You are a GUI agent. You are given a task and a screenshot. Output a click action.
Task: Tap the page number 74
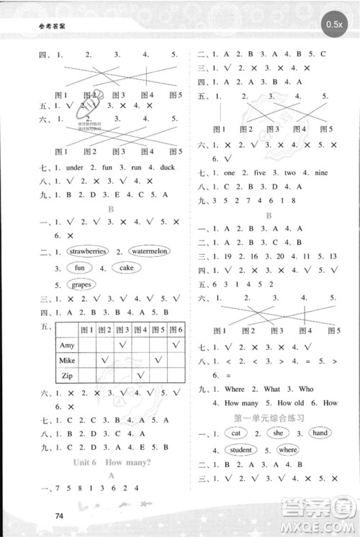pos(60,514)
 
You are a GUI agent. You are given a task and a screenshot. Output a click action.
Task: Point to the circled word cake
pos(126,268)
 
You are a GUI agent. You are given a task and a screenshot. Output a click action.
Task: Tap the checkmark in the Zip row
pos(142,374)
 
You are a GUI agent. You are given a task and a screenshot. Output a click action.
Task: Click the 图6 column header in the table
pos(176,330)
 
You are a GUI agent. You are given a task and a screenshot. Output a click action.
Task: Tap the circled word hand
pos(320,433)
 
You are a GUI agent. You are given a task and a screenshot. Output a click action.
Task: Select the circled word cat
pos(236,433)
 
